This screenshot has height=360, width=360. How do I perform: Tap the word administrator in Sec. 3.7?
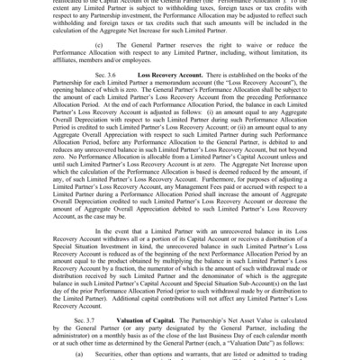pyautogui.click(x=80, y=323)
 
